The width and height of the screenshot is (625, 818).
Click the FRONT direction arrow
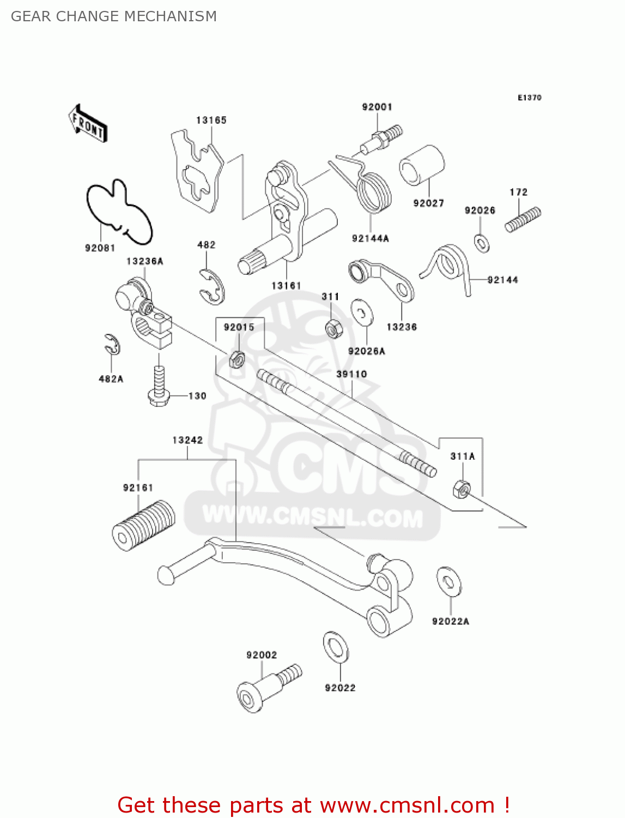(x=88, y=124)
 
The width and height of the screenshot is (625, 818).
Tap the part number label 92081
(x=100, y=248)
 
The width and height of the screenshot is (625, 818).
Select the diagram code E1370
(x=529, y=98)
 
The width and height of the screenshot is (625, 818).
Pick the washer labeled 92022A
(x=449, y=581)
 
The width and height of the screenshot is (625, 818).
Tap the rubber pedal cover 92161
(x=144, y=525)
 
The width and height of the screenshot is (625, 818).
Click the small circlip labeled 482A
(x=112, y=345)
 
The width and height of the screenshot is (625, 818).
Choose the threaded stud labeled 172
(x=523, y=219)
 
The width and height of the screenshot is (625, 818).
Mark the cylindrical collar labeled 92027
(x=422, y=165)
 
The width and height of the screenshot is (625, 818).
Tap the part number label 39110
(x=351, y=374)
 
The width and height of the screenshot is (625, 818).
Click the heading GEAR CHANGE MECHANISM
(x=114, y=16)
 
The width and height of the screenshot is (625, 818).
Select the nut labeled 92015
(x=236, y=359)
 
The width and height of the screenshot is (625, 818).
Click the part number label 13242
(x=187, y=440)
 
